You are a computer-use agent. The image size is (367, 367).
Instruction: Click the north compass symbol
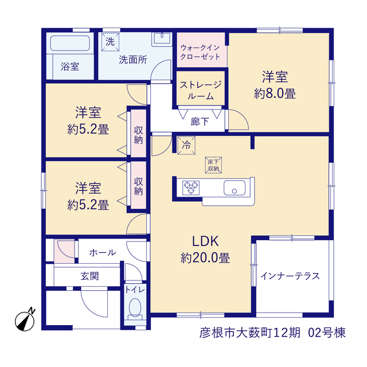[x=25, y=320]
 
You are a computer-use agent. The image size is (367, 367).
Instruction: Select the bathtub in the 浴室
[x=70, y=43]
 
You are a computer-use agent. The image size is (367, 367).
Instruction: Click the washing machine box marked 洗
[x=110, y=42]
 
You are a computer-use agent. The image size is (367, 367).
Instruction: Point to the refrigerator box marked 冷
[x=186, y=145]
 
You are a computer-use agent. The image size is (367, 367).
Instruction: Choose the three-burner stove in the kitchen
[x=191, y=188]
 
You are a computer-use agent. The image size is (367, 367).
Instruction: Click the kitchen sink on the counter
[x=235, y=188]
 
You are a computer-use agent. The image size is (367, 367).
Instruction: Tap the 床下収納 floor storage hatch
[x=213, y=165]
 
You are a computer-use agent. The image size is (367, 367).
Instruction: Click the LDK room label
[x=205, y=241]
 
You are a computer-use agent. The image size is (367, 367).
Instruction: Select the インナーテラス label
[x=290, y=276]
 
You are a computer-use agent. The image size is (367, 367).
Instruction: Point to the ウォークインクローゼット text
[x=200, y=52]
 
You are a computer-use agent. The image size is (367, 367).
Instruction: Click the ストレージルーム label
[x=201, y=91]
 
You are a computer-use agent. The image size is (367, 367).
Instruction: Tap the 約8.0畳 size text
[x=275, y=93]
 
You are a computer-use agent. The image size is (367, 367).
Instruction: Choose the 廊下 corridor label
[x=200, y=122]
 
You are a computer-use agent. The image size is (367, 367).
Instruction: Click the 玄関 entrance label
[x=89, y=276]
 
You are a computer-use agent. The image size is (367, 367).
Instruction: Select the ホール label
[x=103, y=252]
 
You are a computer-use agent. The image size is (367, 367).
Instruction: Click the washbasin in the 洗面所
[x=162, y=39]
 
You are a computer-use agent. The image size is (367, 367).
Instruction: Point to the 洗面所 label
[x=133, y=60]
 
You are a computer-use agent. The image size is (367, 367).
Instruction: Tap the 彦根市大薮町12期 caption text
[x=250, y=333]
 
